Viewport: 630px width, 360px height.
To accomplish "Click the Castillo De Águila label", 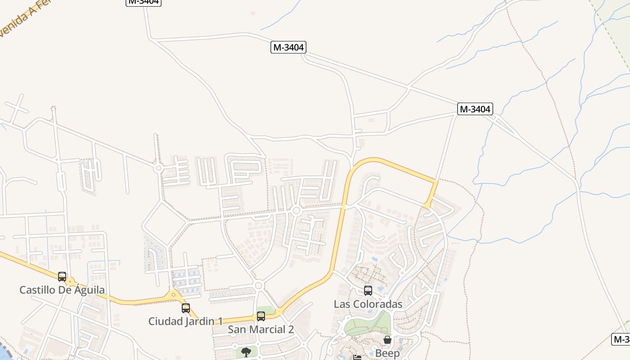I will pyautogui.click(x=62, y=290).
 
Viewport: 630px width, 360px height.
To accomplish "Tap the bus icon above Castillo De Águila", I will pyautogui.click(x=62, y=277).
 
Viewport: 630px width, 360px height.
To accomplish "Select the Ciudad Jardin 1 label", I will pyautogui.click(x=185, y=321).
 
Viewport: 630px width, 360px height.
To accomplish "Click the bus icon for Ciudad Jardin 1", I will pyautogui.click(x=186, y=308).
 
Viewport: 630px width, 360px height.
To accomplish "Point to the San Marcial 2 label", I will pyautogui.click(x=261, y=329).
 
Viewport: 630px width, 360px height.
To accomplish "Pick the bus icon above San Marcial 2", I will pyautogui.click(x=261, y=316).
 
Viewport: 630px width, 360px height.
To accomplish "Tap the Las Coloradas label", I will pyautogui.click(x=368, y=304).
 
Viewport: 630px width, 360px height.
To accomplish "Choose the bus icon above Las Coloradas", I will pyautogui.click(x=368, y=291).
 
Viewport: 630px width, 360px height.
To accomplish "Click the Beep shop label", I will pyautogui.click(x=387, y=353).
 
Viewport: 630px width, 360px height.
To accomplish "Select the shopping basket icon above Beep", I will pyautogui.click(x=387, y=340).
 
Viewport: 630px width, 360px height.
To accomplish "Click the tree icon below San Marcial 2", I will pyautogui.click(x=246, y=352).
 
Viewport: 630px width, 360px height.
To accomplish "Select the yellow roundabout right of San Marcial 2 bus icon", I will pyautogui.click(x=279, y=311).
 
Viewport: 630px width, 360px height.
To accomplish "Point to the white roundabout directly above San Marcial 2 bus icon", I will pyautogui.click(x=258, y=285).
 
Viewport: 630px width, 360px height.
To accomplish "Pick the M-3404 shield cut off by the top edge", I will pyautogui.click(x=143, y=2).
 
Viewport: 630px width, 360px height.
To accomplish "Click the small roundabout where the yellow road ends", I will pyautogui.click(x=427, y=206).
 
